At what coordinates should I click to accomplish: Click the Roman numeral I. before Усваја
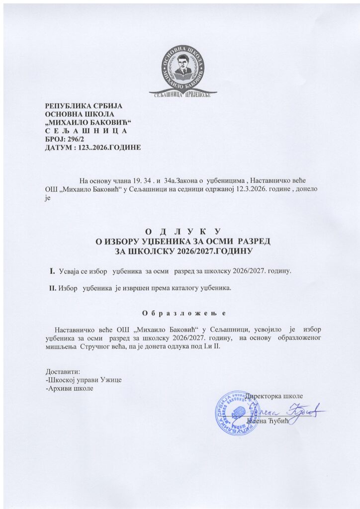(51, 271)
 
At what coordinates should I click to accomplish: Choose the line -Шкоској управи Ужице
(84, 380)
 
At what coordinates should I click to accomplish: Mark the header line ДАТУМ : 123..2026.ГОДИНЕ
(93, 148)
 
